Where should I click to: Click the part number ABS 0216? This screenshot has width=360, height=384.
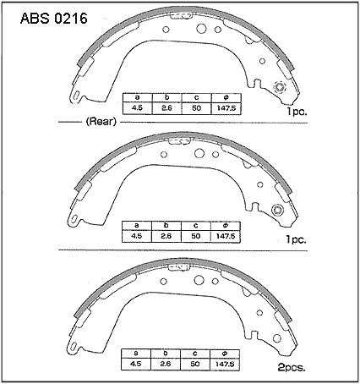pos(54,19)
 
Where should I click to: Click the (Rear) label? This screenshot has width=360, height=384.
pos(101,122)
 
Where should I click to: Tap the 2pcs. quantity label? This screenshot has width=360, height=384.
pos(292,367)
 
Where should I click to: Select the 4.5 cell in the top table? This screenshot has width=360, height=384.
pos(138,108)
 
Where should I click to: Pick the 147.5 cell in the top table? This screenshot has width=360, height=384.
pos(226,108)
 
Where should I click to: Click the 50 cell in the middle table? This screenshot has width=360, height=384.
pos(195,236)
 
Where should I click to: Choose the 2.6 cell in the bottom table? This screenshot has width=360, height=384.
pos(166,364)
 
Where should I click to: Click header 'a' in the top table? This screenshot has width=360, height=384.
pos(138,97)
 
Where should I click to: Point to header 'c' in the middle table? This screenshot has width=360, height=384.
pos(195,226)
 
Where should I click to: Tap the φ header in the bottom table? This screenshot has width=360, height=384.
pos(225,354)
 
